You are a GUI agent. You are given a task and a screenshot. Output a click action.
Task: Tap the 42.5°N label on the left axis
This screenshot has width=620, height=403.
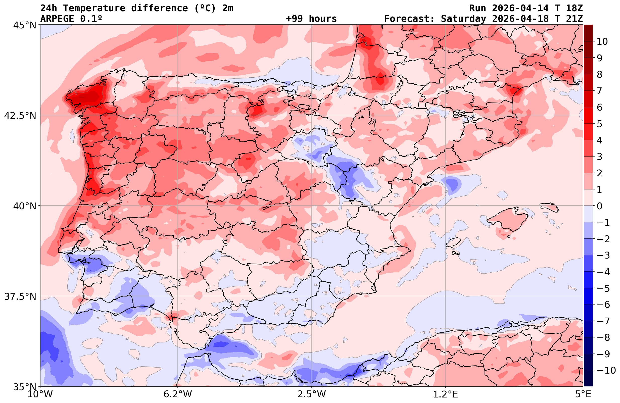[x=20, y=115]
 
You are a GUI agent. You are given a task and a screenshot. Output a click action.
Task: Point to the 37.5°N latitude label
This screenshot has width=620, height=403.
[x=20, y=296]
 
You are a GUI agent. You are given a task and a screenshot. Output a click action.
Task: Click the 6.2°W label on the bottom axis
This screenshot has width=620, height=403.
[x=178, y=394]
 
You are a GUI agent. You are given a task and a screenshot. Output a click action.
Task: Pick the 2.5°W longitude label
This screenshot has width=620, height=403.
[x=312, y=394]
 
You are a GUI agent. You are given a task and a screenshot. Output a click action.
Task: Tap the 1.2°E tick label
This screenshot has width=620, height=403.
[x=446, y=394]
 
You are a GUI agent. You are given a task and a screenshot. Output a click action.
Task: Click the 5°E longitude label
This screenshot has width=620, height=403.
[x=583, y=394]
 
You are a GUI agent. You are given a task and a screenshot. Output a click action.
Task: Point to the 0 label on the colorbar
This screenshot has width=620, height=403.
[x=599, y=206]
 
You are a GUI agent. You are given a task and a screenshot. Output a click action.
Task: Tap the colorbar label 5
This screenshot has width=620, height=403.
[x=599, y=124]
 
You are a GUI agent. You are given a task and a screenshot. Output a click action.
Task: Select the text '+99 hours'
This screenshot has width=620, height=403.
[x=311, y=19]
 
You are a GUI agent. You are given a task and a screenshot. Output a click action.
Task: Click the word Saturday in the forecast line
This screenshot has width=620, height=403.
[x=463, y=19]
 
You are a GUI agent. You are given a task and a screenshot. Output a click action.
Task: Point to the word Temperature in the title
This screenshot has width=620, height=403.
[x=97, y=8]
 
